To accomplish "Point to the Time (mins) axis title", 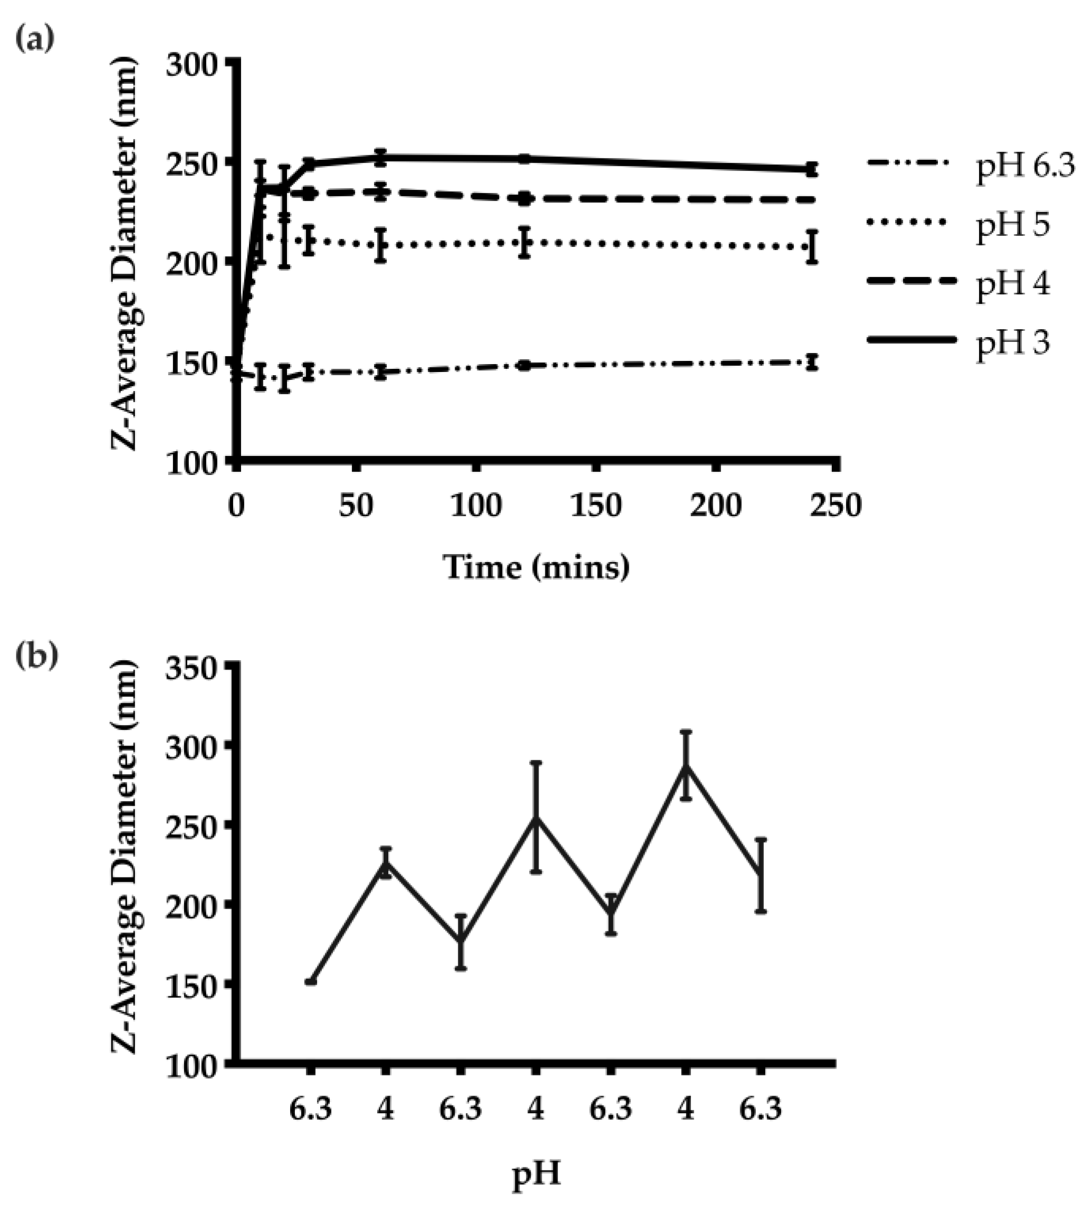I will point(536,567).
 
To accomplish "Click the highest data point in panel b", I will point(686,767).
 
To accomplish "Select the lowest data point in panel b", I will point(310,981).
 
